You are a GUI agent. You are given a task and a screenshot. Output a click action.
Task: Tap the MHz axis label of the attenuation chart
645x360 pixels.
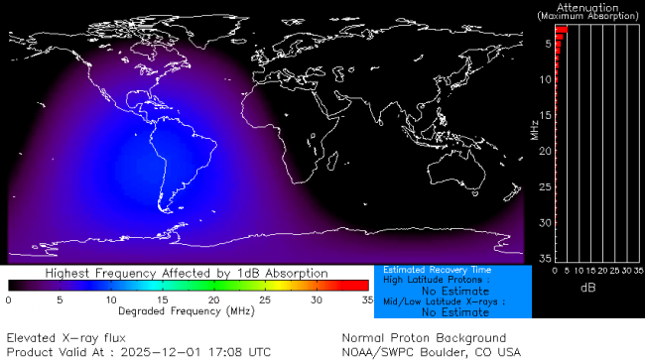535,129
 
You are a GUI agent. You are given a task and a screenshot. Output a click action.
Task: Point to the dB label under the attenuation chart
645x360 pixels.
586,288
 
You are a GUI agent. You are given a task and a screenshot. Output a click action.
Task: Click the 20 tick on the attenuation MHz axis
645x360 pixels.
545,151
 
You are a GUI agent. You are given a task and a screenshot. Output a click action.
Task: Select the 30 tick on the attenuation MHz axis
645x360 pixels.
545,222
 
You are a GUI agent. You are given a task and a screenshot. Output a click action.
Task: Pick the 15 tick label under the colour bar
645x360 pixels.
163,299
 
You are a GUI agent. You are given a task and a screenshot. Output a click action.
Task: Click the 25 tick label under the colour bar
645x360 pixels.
265,299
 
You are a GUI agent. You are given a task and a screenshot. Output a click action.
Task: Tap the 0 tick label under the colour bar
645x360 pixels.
9,299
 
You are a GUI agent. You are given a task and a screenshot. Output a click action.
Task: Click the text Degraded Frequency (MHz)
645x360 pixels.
188,311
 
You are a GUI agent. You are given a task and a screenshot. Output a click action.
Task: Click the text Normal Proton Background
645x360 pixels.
424,337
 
